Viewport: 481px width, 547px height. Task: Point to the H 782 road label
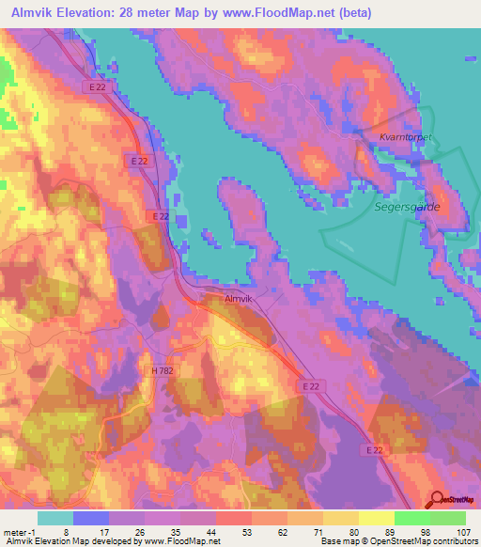tap(163, 372)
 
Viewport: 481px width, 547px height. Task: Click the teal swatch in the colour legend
tap(54, 518)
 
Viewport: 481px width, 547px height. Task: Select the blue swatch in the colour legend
tap(90, 518)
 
